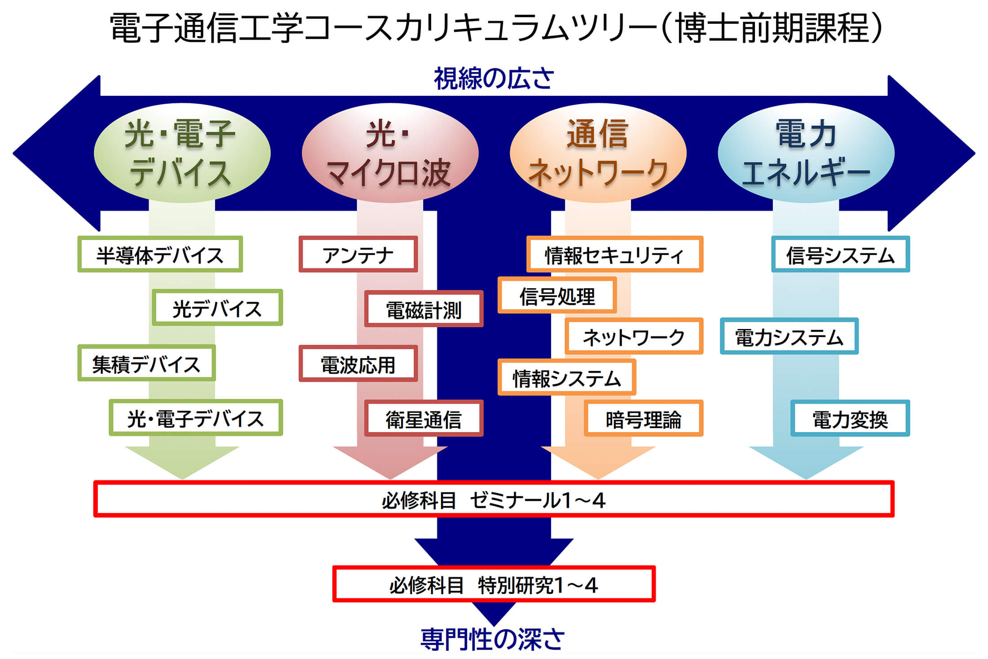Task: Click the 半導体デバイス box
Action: (160, 254)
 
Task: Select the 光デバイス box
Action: (217, 307)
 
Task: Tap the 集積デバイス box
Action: (146, 363)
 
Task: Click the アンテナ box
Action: (358, 254)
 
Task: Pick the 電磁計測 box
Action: (423, 308)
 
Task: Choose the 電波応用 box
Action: (358, 363)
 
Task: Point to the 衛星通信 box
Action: (423, 418)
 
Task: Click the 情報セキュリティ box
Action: (614, 254)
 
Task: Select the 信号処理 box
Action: (557, 295)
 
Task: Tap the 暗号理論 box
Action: (643, 418)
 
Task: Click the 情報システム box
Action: (567, 377)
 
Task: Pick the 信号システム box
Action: (840, 254)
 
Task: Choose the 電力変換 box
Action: (850, 418)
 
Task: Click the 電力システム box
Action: (789, 336)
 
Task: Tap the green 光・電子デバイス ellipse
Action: (182, 153)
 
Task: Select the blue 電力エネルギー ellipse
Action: (806, 153)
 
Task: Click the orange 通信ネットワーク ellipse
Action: (598, 153)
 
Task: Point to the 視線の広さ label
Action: (494, 78)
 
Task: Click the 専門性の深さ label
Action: (493, 639)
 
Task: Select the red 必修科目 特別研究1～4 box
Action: (494, 584)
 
